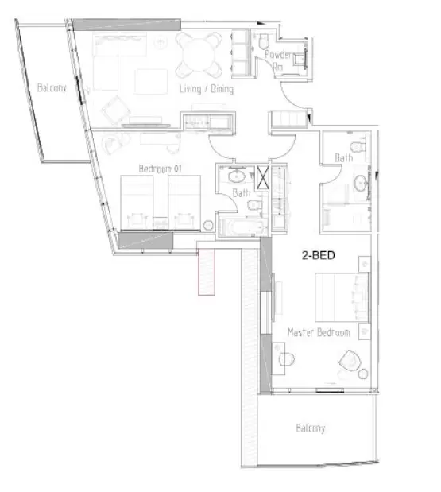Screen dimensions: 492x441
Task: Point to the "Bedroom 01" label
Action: [161, 169]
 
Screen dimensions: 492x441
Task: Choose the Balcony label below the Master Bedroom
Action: [311, 429]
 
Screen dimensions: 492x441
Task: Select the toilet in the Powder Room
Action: [262, 41]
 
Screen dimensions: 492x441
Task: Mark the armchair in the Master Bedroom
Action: [347, 361]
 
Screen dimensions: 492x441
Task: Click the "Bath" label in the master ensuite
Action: [343, 157]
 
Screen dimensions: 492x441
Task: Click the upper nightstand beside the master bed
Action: [362, 261]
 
